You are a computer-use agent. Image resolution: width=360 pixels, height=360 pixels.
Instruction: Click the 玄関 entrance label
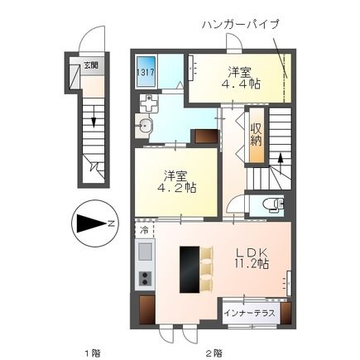pos(91,66)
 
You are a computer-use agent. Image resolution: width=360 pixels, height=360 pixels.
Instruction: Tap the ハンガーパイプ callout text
pos(241,24)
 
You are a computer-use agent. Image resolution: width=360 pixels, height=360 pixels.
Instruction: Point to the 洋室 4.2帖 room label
pos(177,181)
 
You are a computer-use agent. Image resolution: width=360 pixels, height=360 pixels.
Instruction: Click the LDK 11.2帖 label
pos(252,258)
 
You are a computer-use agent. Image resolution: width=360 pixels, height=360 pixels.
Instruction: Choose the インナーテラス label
pos(250,314)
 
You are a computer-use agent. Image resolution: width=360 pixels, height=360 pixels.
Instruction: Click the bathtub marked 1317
pos(146,72)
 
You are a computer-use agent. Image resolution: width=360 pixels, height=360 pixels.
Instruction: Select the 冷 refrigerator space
pos(144,229)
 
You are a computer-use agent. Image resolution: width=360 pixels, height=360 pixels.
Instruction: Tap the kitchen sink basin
pos(145,252)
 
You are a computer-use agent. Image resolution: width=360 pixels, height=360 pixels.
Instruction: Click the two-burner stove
pos(145,278)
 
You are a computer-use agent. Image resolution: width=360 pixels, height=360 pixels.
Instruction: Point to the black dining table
pos(190,269)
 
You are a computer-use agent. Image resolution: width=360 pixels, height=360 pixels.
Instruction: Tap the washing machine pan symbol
pos(149,103)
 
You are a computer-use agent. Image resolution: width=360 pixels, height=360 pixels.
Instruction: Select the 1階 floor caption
pos(93,353)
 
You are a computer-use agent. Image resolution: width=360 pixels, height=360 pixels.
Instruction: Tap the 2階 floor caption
pos(214,353)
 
